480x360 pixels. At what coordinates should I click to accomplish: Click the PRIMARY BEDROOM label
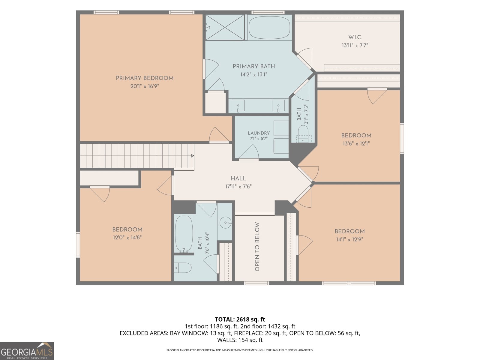[x=145, y=78]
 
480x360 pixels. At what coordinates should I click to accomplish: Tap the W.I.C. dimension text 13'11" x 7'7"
[x=355, y=46]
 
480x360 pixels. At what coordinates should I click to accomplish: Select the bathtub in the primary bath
[x=269, y=28]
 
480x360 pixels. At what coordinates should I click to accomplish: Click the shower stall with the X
[x=225, y=28]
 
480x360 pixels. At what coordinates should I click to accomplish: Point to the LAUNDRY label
[x=259, y=133]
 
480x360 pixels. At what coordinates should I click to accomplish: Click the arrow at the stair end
[x=193, y=156]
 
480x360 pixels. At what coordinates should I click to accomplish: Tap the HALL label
[x=238, y=178]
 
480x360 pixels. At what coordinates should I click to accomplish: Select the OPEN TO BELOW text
[x=257, y=247]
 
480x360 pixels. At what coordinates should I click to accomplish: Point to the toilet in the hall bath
[x=183, y=268]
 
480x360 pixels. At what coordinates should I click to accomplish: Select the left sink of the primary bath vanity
[x=238, y=106]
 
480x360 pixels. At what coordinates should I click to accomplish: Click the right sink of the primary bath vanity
[x=278, y=106]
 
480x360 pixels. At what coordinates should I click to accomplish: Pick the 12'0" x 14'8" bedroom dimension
[x=127, y=237]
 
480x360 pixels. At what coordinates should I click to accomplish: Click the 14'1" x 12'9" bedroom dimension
[x=350, y=239]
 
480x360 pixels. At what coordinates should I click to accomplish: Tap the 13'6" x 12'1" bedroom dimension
[x=356, y=144]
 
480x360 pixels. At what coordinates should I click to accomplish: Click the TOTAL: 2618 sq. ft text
[x=240, y=319]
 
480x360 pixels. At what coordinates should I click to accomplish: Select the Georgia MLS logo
[x=27, y=351]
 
